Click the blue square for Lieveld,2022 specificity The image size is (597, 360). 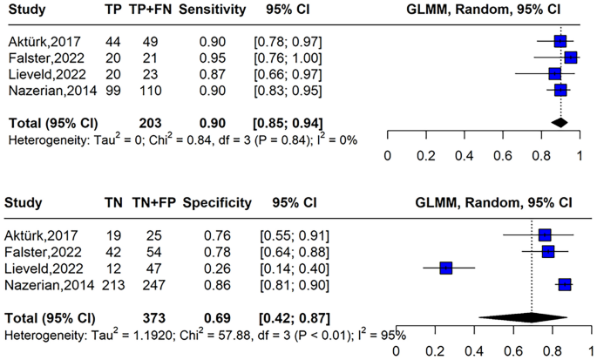click(446, 268)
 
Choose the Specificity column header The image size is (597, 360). click(217, 203)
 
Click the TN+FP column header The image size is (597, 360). click(152, 203)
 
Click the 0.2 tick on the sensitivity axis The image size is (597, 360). click(425, 154)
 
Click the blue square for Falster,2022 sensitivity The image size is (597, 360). click(570, 58)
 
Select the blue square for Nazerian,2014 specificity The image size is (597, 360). click(564, 284)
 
